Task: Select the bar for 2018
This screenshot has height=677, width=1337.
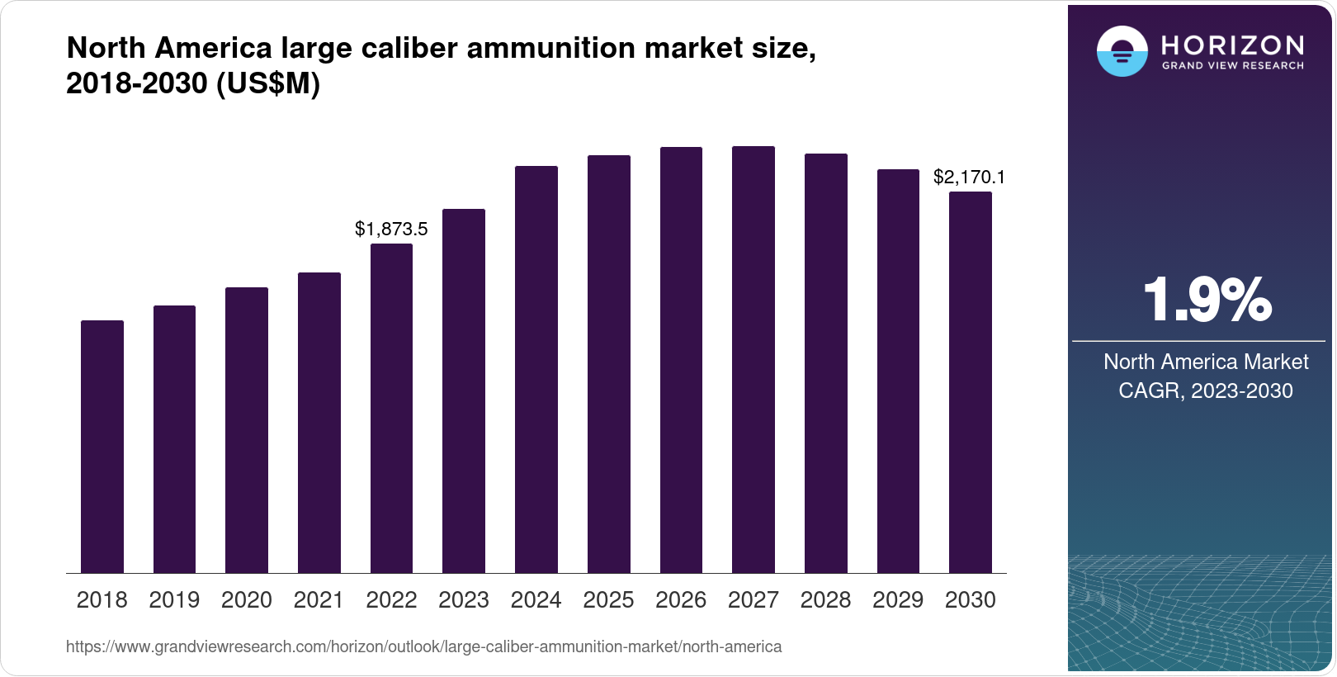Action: pyautogui.click(x=102, y=447)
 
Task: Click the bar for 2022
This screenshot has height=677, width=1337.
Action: pyautogui.click(x=391, y=409)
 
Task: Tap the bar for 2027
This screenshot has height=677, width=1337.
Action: pyautogui.click(x=754, y=360)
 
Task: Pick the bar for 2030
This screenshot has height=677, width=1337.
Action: pyautogui.click(x=971, y=382)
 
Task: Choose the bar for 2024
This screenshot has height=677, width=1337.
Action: pyautogui.click(x=536, y=370)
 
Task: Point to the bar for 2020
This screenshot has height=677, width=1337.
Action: pyautogui.click(x=247, y=430)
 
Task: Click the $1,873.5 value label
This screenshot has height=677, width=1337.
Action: pyautogui.click(x=391, y=229)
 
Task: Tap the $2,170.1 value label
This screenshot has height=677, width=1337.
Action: pyautogui.click(x=969, y=177)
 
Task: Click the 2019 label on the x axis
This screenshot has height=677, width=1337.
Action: pyautogui.click(x=174, y=600)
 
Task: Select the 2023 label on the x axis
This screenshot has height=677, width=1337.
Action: pyautogui.click(x=464, y=600)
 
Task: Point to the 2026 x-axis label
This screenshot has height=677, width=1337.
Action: pyautogui.click(x=681, y=600)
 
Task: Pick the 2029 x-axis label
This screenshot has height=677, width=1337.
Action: pyautogui.click(x=898, y=600)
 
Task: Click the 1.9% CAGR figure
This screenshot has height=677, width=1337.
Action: pyautogui.click(x=1207, y=301)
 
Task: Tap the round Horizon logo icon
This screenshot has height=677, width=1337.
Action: pyautogui.click(x=1122, y=51)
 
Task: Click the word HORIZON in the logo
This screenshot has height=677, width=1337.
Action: pyautogui.click(x=1233, y=45)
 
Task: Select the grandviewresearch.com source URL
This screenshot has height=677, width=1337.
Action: pyautogui.click(x=423, y=647)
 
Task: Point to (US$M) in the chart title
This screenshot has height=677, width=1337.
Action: pyautogui.click(x=268, y=83)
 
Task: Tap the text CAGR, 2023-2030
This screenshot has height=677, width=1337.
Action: pyautogui.click(x=1205, y=391)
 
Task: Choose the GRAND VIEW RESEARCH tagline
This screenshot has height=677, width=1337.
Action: pyautogui.click(x=1233, y=66)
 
